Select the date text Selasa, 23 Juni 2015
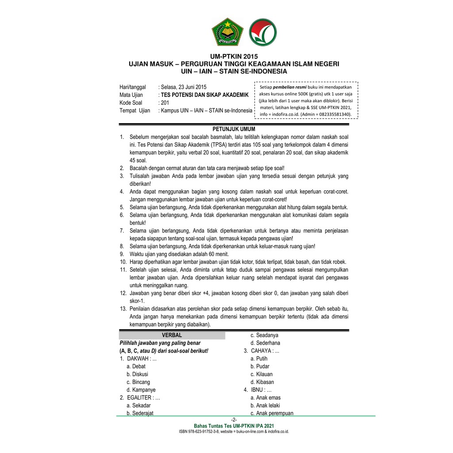[x=183, y=87]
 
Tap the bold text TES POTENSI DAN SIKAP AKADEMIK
[x=205, y=95]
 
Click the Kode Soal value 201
[x=165, y=103]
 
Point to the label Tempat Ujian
[x=134, y=111]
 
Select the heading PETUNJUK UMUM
[x=234, y=129]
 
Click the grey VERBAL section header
[x=172, y=335]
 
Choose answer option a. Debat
[x=136, y=366]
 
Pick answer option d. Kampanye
[x=141, y=390]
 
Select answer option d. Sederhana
[x=265, y=343]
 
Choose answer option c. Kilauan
[x=261, y=374]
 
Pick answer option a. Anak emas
[x=265, y=398]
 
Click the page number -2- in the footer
[x=234, y=419]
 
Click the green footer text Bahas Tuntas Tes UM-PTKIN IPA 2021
[x=234, y=426]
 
